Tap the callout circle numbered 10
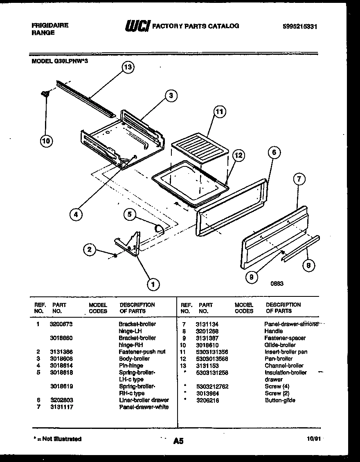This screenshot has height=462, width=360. [x=47, y=141]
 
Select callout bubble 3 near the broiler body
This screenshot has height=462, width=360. [x=171, y=96]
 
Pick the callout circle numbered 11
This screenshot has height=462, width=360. [x=220, y=112]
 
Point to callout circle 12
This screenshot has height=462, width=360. [x=238, y=155]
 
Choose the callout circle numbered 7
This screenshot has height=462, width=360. [x=299, y=179]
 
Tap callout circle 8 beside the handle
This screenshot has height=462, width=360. [x=308, y=265]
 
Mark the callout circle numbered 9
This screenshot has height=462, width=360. [x=252, y=277]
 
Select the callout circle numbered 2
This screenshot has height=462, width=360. [x=90, y=249]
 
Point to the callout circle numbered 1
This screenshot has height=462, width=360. [x=153, y=283]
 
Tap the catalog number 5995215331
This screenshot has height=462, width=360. [x=300, y=26]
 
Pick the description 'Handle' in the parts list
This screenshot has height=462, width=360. [x=273, y=331]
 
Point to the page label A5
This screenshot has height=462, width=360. [x=178, y=441]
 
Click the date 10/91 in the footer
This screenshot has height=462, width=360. [x=313, y=438]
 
